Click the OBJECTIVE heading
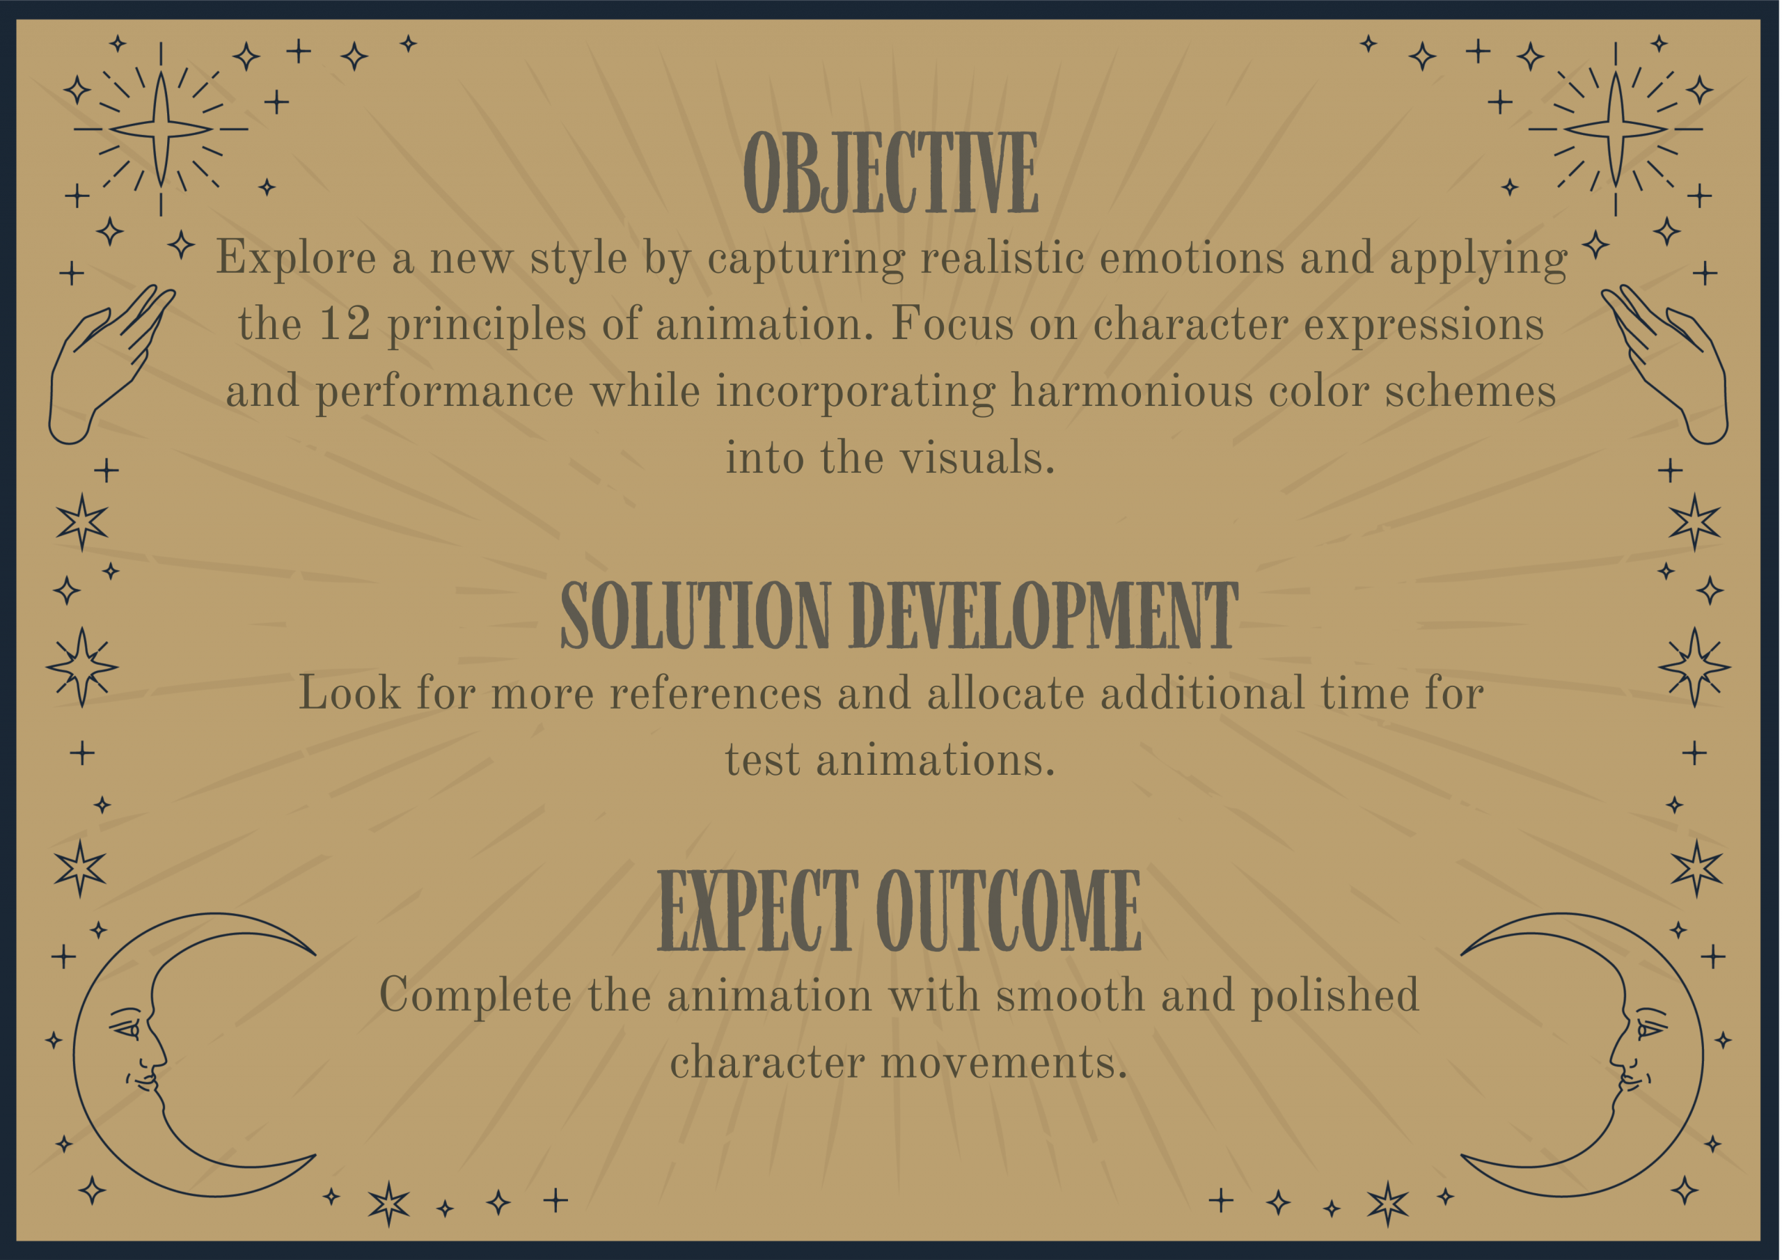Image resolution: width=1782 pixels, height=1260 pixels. pos(890,173)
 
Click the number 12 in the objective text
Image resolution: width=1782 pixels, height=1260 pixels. pos(345,324)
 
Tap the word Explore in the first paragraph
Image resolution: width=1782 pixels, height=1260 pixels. pos(296,259)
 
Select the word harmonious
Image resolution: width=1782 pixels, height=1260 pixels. pos(1131,391)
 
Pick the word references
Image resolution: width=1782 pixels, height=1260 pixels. pos(715,693)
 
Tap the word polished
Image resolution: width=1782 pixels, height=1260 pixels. pos(1334,996)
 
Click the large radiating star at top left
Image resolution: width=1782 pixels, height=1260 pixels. pos(161,129)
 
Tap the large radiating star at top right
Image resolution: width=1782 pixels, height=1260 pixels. pos(1615,129)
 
